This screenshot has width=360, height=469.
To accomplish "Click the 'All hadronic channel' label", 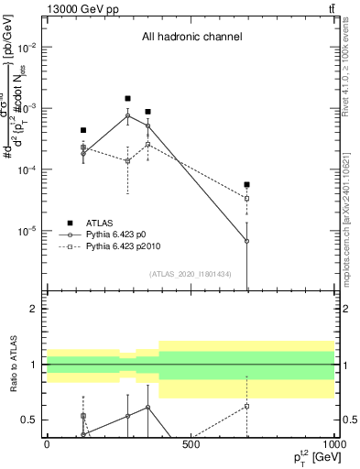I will tap(191, 38).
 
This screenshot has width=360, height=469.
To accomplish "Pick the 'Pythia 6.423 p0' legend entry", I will tap(123, 235).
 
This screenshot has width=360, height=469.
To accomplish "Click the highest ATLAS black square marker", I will tap(127, 98).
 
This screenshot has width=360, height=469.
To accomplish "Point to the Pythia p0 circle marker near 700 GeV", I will tap(246, 241).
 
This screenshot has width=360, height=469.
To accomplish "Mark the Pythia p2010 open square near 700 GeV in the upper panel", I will tap(246, 199).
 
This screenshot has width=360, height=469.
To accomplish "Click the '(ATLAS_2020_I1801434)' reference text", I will tap(191, 274).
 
